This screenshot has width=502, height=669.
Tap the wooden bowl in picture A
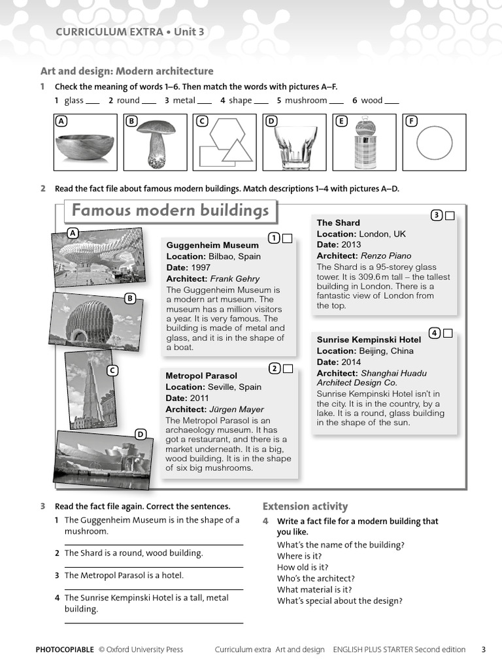click(85, 148)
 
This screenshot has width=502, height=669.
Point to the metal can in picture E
click(364, 145)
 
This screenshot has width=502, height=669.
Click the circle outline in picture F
click(434, 142)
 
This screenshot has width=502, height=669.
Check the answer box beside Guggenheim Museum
click(287, 238)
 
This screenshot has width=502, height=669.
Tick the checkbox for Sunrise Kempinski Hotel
click(448, 334)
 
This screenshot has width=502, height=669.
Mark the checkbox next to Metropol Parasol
click(288, 369)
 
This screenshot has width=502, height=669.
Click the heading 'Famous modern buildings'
click(170, 211)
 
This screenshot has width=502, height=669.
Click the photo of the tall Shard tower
click(90, 390)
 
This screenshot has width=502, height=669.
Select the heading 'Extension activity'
click(305, 506)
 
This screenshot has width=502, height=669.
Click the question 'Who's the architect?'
click(316, 579)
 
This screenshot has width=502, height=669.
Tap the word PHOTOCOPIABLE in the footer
click(65, 649)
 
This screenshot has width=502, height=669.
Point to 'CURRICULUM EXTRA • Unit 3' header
click(129, 31)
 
